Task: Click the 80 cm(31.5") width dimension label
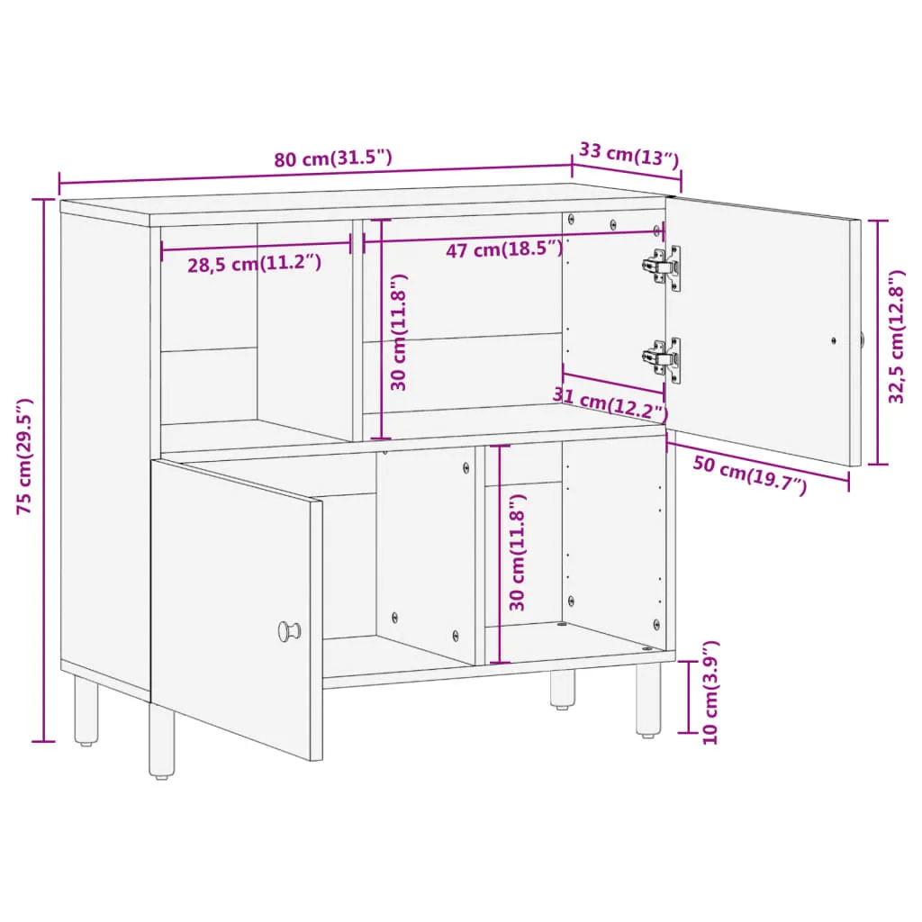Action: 333,158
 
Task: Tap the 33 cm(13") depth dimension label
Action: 629,155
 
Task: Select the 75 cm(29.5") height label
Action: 24,456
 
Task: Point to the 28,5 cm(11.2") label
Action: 255,264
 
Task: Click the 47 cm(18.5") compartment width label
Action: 504,249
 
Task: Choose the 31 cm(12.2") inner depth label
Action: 610,404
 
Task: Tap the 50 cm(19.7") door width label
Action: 750,475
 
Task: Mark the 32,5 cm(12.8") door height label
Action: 896,337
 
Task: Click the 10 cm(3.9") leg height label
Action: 710,692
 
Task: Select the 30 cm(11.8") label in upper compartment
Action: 399,332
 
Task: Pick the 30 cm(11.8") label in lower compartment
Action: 517,553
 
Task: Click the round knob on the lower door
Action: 289,631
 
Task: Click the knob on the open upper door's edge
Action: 862,339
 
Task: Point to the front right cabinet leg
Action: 648,701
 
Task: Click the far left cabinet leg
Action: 86,710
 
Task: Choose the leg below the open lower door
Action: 162,742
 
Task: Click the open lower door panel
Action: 237,610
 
